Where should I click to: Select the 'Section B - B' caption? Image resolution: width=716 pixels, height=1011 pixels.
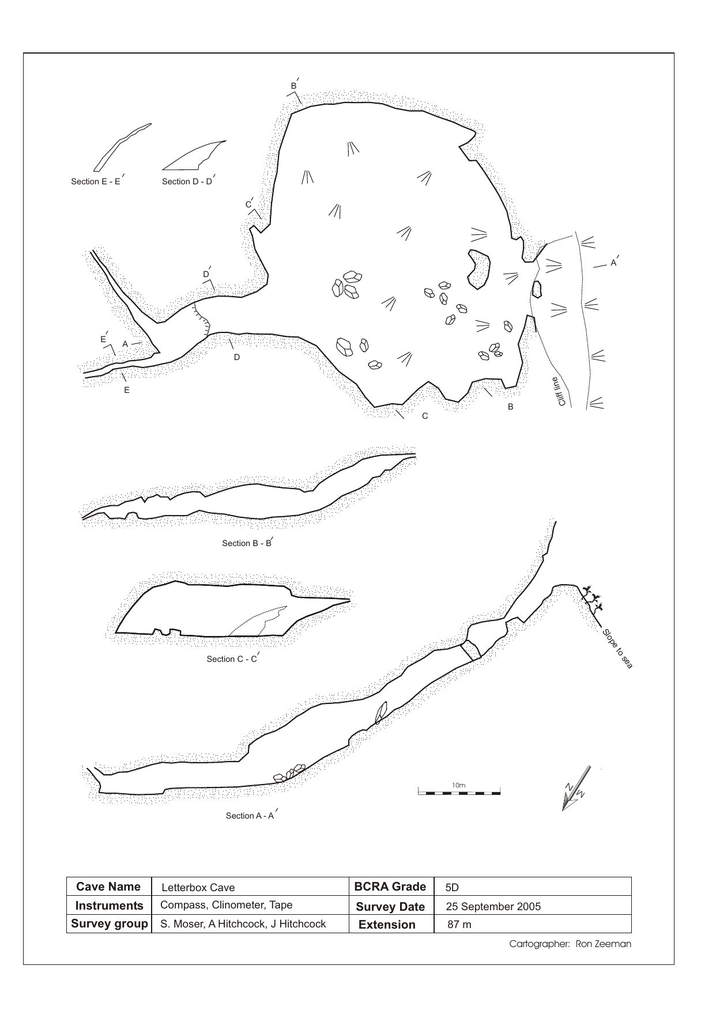247,543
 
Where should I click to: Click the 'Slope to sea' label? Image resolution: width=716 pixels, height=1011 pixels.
617,649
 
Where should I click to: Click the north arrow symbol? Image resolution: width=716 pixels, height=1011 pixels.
575,790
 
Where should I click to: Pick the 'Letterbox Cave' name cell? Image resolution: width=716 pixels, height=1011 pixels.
198,888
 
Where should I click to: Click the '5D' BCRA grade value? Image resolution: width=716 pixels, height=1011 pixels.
453,888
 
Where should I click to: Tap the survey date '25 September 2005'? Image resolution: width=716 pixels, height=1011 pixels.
493,907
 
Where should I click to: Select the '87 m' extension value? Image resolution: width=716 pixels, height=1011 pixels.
459,925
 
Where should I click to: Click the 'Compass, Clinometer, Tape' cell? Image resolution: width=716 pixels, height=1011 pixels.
227,905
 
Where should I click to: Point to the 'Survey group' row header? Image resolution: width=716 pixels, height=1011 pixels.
109,924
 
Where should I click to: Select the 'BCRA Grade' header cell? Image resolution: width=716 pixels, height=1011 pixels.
391,887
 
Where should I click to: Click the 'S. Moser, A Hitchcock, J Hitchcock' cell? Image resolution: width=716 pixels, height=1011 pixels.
243,924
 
